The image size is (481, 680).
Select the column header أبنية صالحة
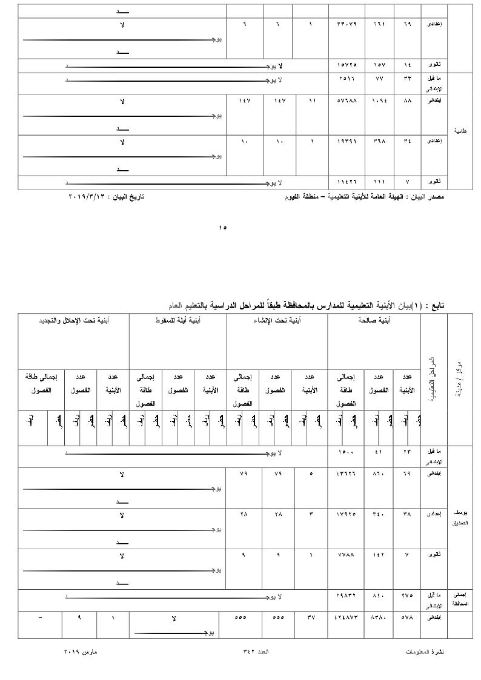(374, 320)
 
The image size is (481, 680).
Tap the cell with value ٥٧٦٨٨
(347, 100)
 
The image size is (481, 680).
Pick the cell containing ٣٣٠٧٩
(347, 24)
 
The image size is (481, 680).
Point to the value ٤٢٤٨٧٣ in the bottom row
(347, 618)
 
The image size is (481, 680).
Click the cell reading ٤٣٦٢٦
(347, 473)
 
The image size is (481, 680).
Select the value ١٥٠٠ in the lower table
(346, 452)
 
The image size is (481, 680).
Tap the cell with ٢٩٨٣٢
(347, 595)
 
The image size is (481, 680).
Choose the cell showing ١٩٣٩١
(347, 141)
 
